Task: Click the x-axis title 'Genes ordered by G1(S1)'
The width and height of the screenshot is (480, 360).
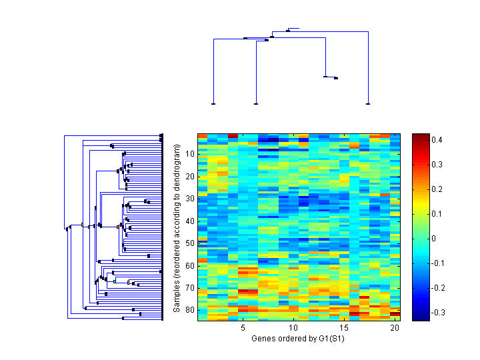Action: pyautogui.click(x=292, y=339)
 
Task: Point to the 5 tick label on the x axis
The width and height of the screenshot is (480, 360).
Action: pyautogui.click(x=243, y=328)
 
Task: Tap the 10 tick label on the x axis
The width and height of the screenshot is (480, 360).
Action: pyautogui.click(x=293, y=328)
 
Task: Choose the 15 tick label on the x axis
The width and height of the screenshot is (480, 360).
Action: pyautogui.click(x=343, y=328)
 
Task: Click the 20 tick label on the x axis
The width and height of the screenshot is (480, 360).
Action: pyautogui.click(x=394, y=328)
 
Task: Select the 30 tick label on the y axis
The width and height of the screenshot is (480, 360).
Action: pyautogui.click(x=189, y=199)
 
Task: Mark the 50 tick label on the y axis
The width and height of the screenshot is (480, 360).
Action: pyautogui.click(x=189, y=243)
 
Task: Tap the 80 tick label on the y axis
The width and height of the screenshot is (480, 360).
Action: pyautogui.click(x=189, y=310)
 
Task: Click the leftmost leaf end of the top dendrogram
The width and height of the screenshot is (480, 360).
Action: pyautogui.click(x=213, y=104)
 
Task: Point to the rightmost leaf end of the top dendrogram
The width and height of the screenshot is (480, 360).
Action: pyautogui.click(x=368, y=104)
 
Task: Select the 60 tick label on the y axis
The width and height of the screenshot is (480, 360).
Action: pyautogui.click(x=189, y=265)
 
